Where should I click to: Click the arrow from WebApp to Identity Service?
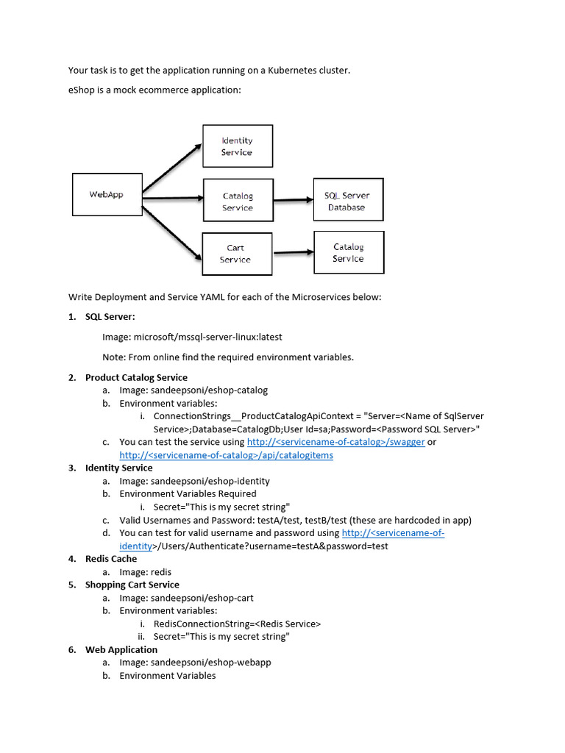[x=172, y=168]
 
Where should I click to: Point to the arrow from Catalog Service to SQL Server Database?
[x=294, y=200]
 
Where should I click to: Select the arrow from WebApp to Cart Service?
[x=171, y=233]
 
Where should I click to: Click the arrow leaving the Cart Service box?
[x=294, y=252]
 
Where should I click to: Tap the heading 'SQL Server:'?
[x=110, y=316]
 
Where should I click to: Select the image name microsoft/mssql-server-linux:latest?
[x=208, y=337]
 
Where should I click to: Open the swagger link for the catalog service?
[x=335, y=442]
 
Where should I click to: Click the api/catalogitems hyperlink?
[x=227, y=455]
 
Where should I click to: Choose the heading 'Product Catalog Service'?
[x=136, y=377]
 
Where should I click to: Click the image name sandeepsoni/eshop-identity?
[x=210, y=481]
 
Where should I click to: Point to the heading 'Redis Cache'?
[x=111, y=559]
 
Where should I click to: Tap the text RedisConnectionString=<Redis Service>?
[x=238, y=624]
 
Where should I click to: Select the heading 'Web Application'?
[x=121, y=650]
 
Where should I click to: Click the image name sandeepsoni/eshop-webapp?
[x=211, y=663]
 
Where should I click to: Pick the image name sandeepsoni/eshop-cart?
[x=202, y=598]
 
